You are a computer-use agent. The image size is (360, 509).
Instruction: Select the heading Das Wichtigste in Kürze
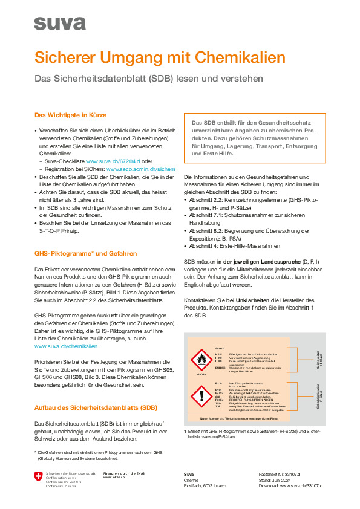pos(71,115)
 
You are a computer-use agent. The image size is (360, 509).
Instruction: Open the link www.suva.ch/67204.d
pos(113,162)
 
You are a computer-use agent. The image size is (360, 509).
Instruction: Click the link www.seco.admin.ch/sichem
pos(140,170)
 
